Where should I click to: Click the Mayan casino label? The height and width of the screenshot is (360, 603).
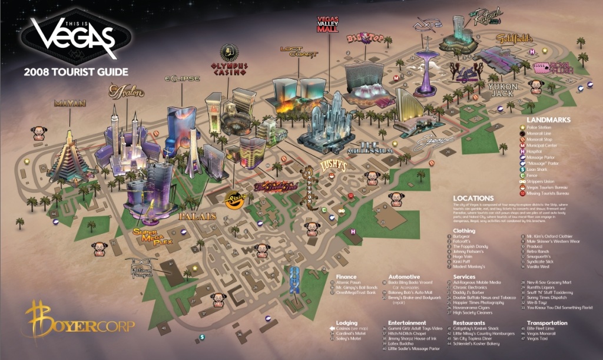[x=70, y=103]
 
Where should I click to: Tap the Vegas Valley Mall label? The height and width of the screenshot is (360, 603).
[x=327, y=24]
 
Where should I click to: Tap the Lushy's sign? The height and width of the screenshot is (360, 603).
[x=332, y=166]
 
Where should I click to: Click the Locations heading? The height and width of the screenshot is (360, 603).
[x=473, y=198]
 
